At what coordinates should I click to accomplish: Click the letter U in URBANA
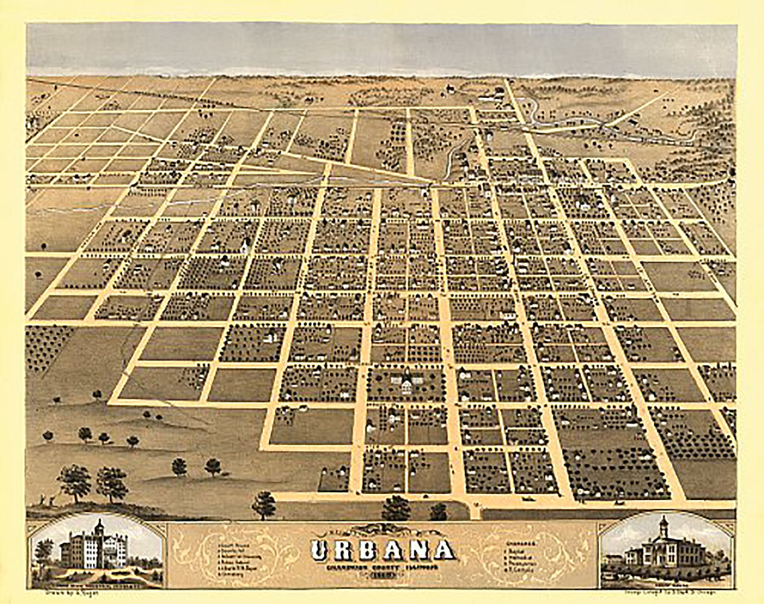click(x=322, y=551)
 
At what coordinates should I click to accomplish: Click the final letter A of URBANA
click(x=446, y=551)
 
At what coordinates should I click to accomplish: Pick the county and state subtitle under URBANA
click(x=383, y=566)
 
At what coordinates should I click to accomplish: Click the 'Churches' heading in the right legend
click(x=521, y=542)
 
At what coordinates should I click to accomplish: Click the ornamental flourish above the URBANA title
click(x=383, y=531)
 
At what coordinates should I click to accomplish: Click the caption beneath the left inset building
click(x=98, y=583)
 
